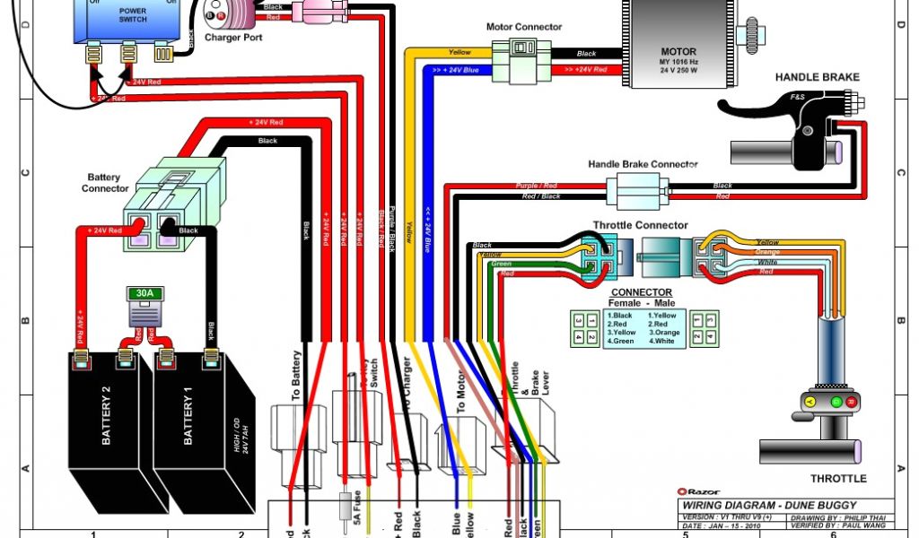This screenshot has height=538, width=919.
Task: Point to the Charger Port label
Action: [x=233, y=39]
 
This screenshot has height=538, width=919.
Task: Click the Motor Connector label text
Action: [x=524, y=27]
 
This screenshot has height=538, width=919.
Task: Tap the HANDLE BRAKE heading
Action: [x=817, y=77]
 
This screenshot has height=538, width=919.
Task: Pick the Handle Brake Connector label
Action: [x=643, y=165]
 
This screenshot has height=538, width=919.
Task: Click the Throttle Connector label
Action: [x=640, y=225]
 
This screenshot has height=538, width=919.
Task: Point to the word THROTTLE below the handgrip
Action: [x=838, y=478]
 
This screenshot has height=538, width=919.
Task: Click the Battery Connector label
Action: [x=106, y=183]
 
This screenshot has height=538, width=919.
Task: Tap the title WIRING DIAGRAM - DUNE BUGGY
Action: [x=769, y=505]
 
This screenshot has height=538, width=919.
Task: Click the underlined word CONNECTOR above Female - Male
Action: [x=641, y=292]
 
